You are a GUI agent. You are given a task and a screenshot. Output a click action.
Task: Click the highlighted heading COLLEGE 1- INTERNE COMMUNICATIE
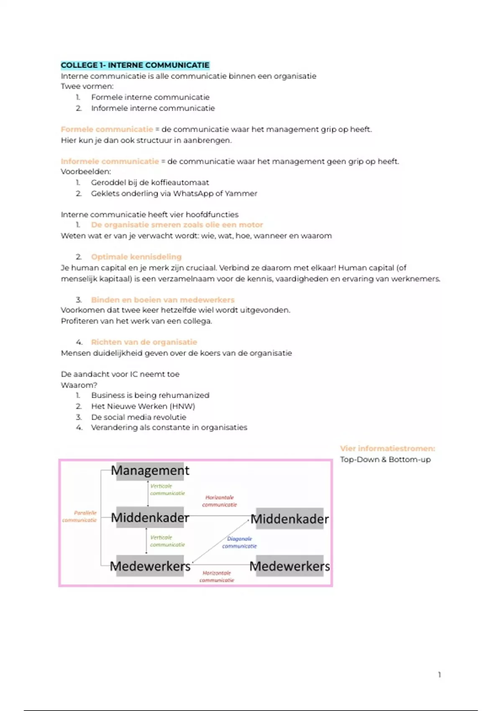pos(135,65)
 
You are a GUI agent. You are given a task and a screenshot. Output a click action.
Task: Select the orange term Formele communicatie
pos(107,129)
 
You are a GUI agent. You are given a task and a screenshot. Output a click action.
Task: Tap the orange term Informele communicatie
pos(110,161)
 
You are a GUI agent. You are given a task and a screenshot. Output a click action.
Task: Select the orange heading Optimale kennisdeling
pos(136,257)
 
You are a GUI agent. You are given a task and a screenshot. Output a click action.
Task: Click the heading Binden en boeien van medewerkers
pos(162,300)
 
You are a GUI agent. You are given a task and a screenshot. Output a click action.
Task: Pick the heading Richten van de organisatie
pos(144,342)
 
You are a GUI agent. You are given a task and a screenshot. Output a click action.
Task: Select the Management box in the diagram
pos(150,471)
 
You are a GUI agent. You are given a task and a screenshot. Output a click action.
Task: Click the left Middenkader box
pos(150,518)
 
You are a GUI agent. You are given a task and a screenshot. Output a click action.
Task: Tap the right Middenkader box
pos(289,519)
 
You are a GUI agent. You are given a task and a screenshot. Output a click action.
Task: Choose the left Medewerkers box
pos(150,566)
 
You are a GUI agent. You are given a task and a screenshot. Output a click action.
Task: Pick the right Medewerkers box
pos(289,566)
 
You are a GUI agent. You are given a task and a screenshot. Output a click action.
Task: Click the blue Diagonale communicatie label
pos(239,542)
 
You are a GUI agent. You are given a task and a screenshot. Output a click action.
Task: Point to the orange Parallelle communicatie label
pos(80,517)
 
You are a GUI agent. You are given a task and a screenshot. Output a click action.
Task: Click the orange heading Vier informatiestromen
pos(387,449)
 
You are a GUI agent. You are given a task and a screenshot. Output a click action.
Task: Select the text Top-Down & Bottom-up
pos(385,460)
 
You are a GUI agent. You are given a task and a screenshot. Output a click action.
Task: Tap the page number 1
pos(439,675)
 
